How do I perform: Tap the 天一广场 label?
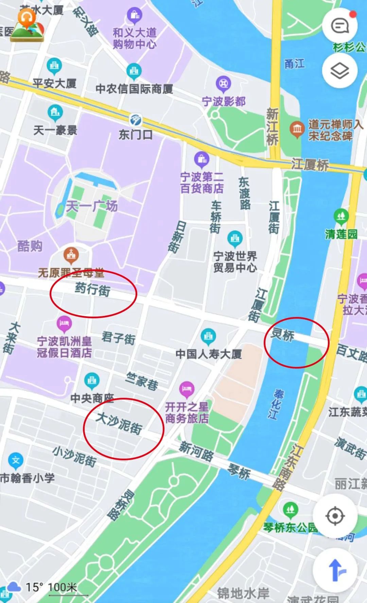point(92,206)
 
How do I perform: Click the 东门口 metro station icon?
point(135,121)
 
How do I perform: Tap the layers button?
point(339,71)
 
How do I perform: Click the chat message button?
point(339,26)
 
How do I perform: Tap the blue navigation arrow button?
point(335,569)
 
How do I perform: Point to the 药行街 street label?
point(92,289)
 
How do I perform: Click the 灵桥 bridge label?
point(282,335)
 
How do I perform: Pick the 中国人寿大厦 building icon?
point(208,336)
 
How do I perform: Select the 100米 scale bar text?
point(63,587)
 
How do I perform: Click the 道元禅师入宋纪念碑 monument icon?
point(297,129)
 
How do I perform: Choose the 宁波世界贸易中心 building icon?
point(234,238)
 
